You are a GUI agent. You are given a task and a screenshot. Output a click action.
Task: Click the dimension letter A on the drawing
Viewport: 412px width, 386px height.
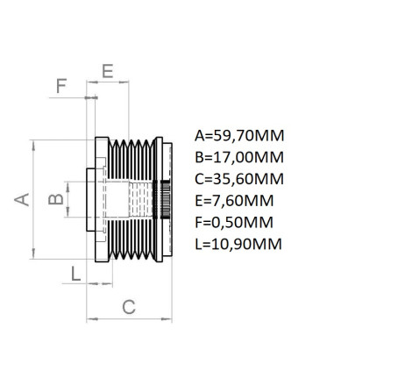pyautogui.click(x=22, y=199)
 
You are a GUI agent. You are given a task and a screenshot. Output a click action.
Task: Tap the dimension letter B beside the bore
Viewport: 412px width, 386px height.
pyautogui.click(x=56, y=199)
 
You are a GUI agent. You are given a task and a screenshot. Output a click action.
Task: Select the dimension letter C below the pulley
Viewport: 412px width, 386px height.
pyautogui.click(x=129, y=307)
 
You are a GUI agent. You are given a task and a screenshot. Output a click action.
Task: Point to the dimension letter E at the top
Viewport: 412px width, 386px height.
pyautogui.click(x=108, y=71)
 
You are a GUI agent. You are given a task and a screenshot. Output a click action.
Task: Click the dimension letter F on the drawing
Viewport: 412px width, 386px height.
pyautogui.click(x=61, y=86)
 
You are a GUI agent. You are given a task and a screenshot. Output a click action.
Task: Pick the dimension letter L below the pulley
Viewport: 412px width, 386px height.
pyautogui.click(x=76, y=275)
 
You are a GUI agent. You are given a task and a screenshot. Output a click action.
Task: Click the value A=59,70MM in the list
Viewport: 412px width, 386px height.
pyautogui.click(x=239, y=136)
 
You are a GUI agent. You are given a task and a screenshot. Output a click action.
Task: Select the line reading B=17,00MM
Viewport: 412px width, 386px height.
pyautogui.click(x=239, y=158)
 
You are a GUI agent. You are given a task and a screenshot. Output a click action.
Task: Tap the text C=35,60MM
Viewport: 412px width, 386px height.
pyautogui.click(x=239, y=179)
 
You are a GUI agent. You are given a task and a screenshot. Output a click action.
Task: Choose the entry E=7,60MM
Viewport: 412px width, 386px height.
pyautogui.click(x=234, y=201)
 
